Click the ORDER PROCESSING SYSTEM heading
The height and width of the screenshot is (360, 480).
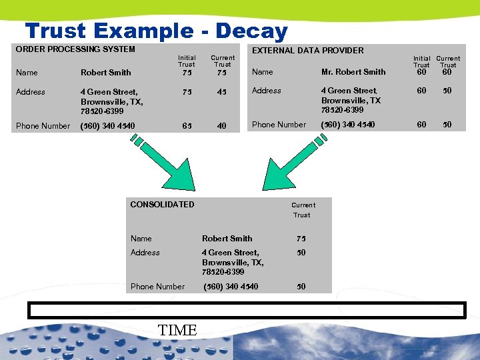(75, 49)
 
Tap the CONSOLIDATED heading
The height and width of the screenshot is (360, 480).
(162, 204)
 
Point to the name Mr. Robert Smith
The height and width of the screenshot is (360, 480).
(353, 72)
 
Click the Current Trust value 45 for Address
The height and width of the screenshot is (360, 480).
(222, 92)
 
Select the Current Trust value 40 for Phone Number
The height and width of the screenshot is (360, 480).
(222, 125)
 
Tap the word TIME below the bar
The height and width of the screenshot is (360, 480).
(177, 330)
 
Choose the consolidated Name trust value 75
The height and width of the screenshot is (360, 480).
(301, 239)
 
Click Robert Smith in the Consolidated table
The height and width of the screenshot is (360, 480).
(227, 238)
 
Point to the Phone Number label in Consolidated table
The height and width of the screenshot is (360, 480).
(157, 286)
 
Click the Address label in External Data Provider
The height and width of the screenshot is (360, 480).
(267, 91)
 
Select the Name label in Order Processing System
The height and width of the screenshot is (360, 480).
(27, 72)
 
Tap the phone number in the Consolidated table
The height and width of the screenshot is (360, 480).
(231, 286)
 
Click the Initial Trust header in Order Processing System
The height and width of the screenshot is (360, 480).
(187, 61)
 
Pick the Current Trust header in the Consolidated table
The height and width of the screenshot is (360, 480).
(303, 209)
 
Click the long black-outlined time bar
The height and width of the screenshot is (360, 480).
(245, 311)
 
